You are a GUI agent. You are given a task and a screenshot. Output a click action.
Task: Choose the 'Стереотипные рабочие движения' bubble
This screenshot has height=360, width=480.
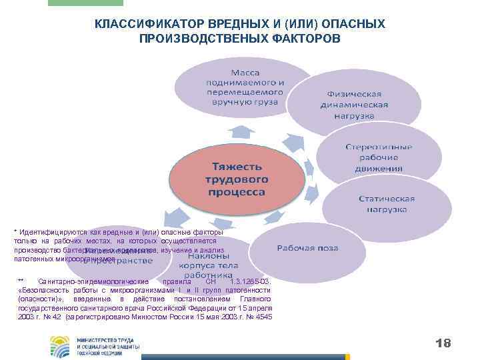[378, 157]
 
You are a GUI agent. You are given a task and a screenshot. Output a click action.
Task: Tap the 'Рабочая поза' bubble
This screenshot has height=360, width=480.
[307, 248]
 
